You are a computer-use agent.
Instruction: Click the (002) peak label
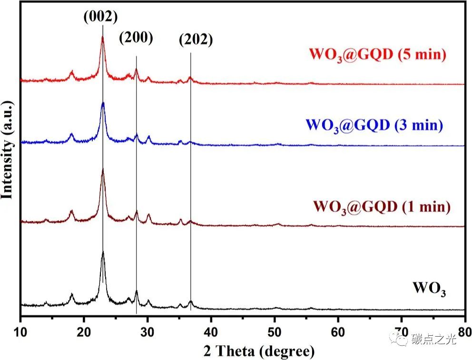pos(100,17)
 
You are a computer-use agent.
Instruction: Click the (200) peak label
pos(137,38)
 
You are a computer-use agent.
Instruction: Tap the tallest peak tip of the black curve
pos(103,252)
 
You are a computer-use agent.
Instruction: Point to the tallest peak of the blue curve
pos(103,103)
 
